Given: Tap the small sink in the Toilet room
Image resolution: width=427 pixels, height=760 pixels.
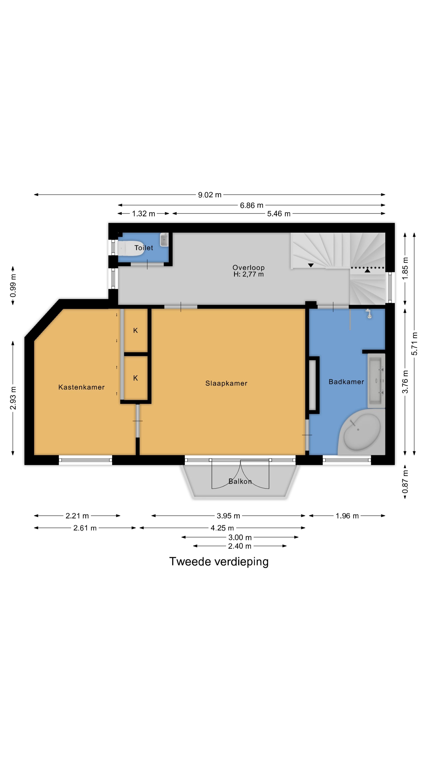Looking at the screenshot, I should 164,239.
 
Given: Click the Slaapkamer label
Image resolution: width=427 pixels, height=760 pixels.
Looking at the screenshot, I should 226,383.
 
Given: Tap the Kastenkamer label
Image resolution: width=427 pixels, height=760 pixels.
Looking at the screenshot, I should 81,387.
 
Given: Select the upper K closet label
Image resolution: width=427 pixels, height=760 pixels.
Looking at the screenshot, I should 136,331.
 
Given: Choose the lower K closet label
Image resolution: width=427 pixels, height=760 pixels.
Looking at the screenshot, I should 136,378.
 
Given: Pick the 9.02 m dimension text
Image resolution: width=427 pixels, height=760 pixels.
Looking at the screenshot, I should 210,195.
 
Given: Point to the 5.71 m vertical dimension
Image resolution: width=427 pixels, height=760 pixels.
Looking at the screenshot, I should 414,344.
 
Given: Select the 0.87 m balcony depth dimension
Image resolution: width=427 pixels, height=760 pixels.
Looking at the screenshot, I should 405,482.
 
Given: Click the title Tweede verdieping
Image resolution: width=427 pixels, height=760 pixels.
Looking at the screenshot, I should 219,561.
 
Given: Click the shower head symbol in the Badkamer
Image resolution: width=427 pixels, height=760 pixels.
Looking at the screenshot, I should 368,314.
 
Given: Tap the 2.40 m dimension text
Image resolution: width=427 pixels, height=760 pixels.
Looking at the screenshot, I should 240,546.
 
